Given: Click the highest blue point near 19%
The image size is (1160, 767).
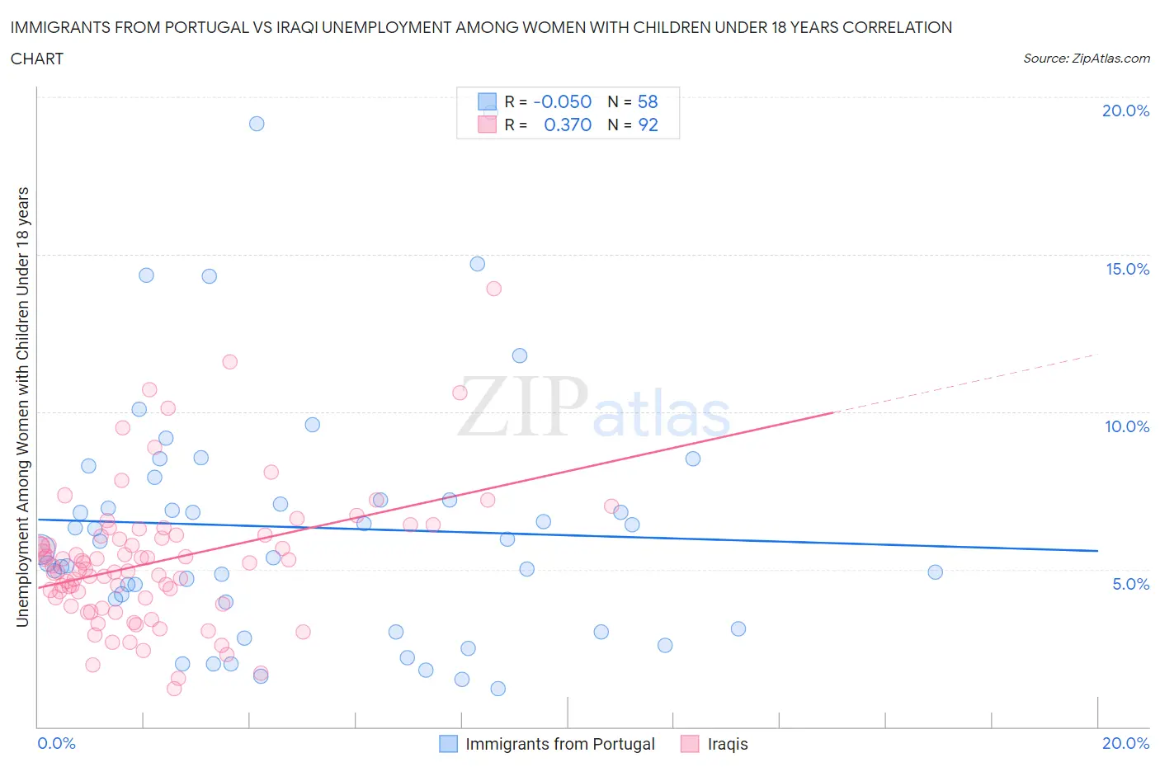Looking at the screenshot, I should click(257, 124).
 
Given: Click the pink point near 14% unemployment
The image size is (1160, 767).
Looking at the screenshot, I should click(493, 289).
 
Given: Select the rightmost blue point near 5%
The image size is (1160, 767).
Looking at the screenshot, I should click(935, 572).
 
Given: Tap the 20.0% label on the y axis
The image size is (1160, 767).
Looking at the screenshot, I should click(1125, 111).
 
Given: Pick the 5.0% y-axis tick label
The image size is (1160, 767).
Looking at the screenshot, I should click(1130, 584).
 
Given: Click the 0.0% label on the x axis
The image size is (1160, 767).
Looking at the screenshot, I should click(56, 743).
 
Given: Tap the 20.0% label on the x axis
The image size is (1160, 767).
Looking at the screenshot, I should click(1125, 743).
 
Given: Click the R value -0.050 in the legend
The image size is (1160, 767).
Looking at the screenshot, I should click(563, 101).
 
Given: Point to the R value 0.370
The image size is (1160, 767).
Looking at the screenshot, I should click(568, 125).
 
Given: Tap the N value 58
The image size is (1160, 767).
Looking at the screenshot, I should click(648, 101).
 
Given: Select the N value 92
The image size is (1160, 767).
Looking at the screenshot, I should click(648, 125).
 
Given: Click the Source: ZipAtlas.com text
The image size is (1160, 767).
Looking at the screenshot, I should click(1086, 58).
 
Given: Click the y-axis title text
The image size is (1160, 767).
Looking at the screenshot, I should click(22, 407).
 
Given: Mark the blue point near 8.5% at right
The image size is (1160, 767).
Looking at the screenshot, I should click(693, 459).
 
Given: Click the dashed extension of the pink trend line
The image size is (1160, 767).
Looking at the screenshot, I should click(965, 383).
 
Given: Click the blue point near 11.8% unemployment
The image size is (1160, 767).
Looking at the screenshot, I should click(520, 355).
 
